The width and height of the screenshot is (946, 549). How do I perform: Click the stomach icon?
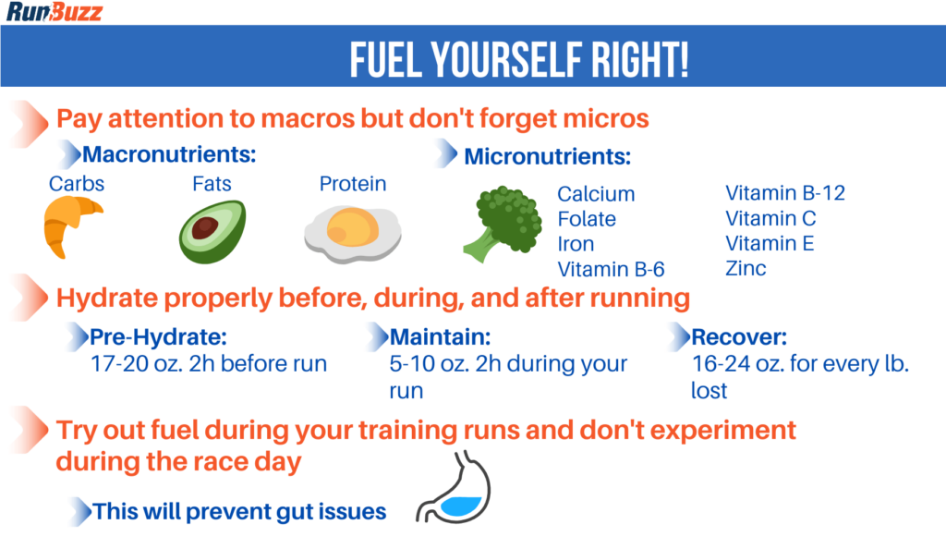click(x=455, y=490)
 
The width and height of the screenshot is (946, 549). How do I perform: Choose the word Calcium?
click(x=596, y=194)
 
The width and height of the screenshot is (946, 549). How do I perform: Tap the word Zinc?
click(x=746, y=269)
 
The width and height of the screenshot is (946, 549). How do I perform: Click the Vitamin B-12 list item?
click(x=784, y=193)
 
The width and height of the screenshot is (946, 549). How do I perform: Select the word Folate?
click(x=587, y=219)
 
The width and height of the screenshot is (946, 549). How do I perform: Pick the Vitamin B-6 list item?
click(x=611, y=269)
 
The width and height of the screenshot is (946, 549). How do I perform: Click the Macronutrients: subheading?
click(x=169, y=153)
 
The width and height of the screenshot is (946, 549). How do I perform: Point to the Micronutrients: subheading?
click(x=547, y=156)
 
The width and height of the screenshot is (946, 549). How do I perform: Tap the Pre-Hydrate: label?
click(x=158, y=335)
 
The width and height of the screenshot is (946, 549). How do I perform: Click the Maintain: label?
click(x=440, y=335)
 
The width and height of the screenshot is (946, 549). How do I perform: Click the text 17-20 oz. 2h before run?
click(x=209, y=363)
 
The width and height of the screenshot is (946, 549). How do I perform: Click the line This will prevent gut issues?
click(x=239, y=511)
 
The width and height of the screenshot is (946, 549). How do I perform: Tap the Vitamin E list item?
click(x=770, y=244)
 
